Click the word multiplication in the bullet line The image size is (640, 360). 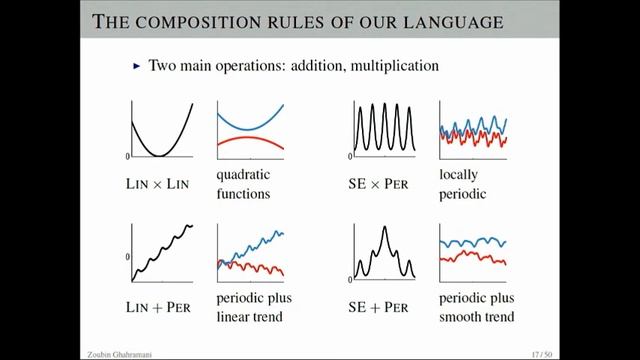coord(392,66)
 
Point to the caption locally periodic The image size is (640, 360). coord(463,184)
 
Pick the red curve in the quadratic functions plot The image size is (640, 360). coord(251,139)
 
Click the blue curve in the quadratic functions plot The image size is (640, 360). coord(251,127)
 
